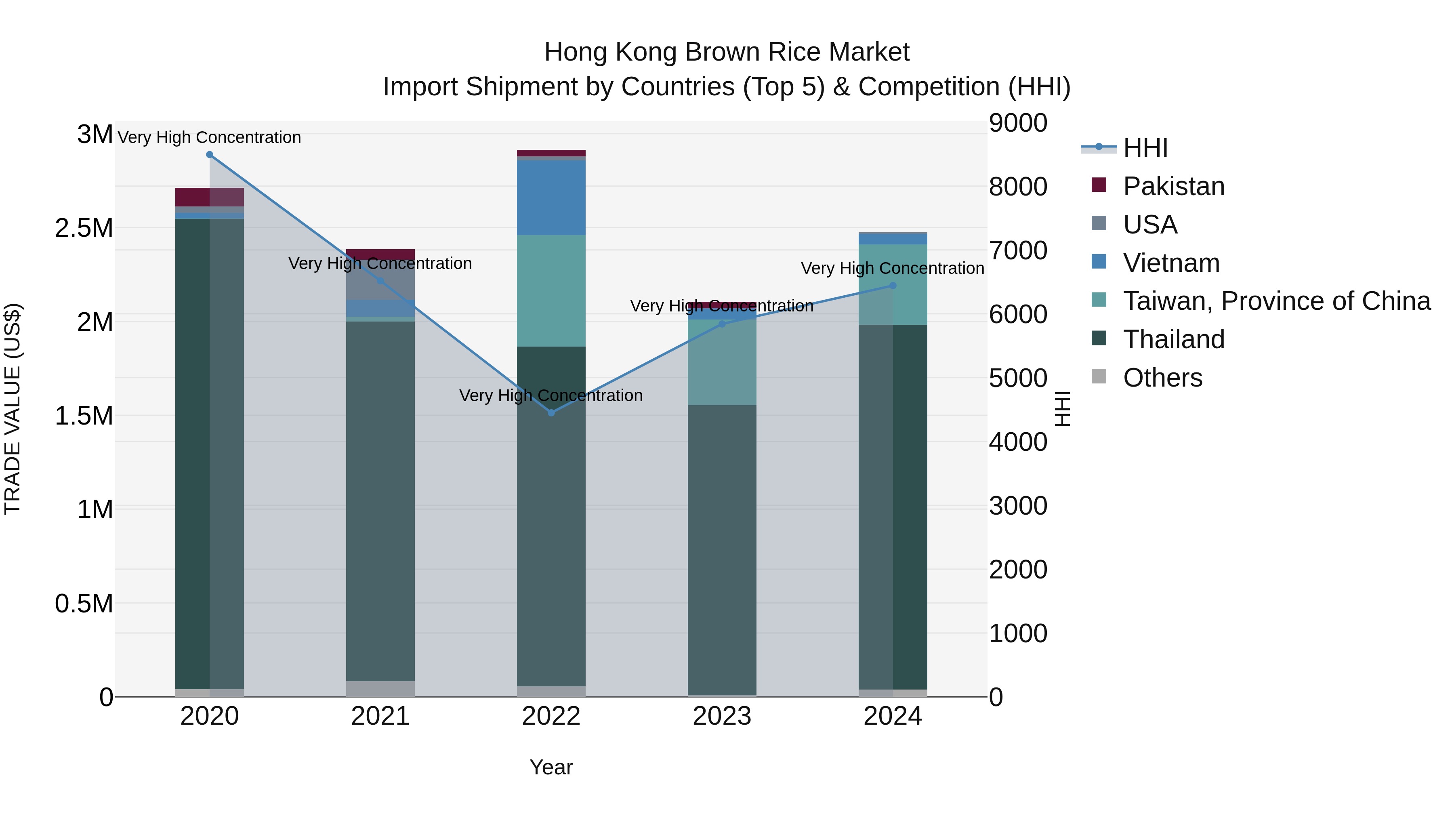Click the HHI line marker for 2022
[x=551, y=413]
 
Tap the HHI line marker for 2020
[x=209, y=155]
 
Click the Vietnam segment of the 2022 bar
[x=551, y=198]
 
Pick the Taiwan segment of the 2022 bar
[x=551, y=291]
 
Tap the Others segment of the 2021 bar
[x=380, y=688]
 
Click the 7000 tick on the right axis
[x=1018, y=250]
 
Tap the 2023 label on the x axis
[x=721, y=716]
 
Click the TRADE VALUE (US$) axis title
[x=13, y=409]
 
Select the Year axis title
[x=551, y=767]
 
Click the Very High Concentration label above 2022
[x=551, y=395]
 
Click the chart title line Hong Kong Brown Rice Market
[x=727, y=52]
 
